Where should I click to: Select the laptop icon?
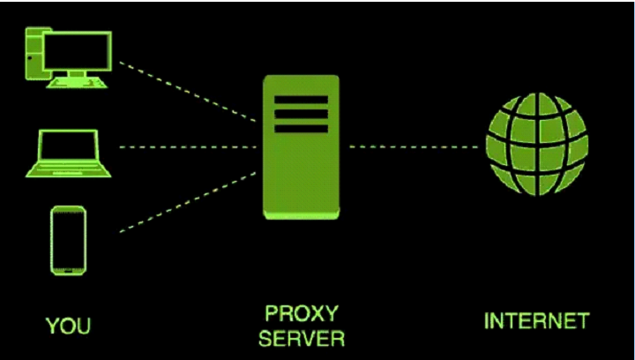(67, 152)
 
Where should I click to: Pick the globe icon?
(536, 145)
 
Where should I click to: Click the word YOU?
(68, 327)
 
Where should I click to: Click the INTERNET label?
(535, 320)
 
